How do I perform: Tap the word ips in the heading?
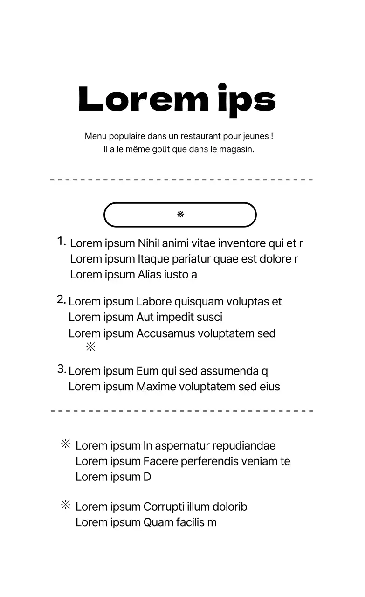[247, 100]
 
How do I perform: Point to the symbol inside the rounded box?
[180, 215]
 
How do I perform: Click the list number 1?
[61, 241]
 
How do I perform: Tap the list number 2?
[61, 299]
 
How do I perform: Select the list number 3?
[62, 369]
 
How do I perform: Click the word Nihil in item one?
[148, 243]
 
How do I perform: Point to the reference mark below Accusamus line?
[90, 347]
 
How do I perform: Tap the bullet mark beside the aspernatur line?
[65, 444]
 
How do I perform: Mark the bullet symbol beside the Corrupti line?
[65, 505]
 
